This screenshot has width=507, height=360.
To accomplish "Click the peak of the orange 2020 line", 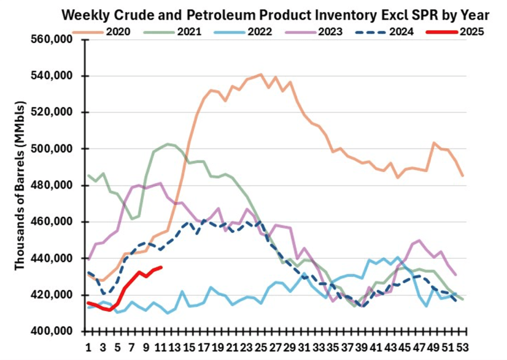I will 261,74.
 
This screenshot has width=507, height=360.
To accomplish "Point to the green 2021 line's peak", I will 168,144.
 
